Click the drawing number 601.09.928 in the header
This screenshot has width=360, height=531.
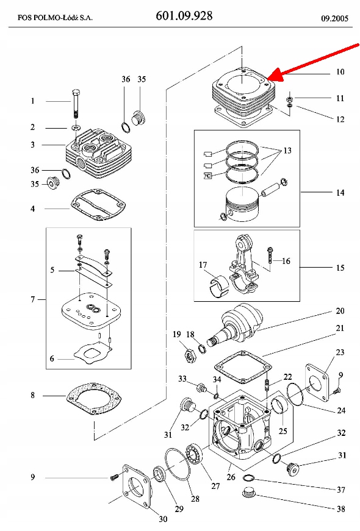(184, 16)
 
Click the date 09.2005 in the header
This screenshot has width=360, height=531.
(334, 18)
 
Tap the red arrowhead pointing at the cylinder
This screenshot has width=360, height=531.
(276, 75)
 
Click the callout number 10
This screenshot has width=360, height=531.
(340, 72)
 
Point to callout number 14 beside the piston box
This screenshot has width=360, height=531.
(340, 193)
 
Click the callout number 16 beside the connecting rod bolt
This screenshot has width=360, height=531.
(286, 261)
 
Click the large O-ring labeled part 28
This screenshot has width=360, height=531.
(178, 465)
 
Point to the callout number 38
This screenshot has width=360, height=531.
(340, 508)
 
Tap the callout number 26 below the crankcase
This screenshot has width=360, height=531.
(231, 477)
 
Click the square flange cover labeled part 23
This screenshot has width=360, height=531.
(317, 382)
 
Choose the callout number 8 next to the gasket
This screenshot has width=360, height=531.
(32, 395)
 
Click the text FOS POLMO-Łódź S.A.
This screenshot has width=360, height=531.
(55, 18)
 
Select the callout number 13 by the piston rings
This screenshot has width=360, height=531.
(287, 151)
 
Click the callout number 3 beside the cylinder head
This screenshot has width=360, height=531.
(32, 144)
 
